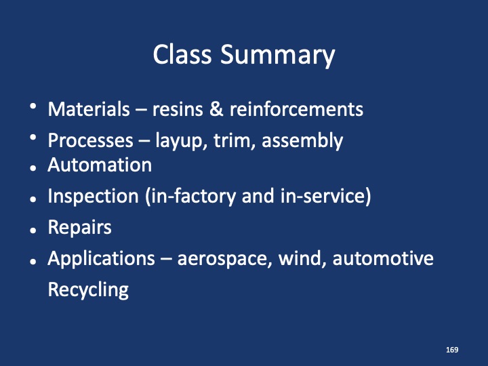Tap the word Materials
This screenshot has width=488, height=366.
pyautogui.click(x=88, y=109)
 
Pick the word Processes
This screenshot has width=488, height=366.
pyautogui.click(x=91, y=141)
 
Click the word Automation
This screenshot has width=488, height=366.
pyautogui.click(x=99, y=165)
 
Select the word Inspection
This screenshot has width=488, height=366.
pyautogui.click(x=93, y=197)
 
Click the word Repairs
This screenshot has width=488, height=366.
pyautogui.click(x=79, y=228)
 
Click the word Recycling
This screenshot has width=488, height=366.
pyautogui.click(x=88, y=291)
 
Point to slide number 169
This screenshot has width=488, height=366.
pyautogui.click(x=453, y=350)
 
